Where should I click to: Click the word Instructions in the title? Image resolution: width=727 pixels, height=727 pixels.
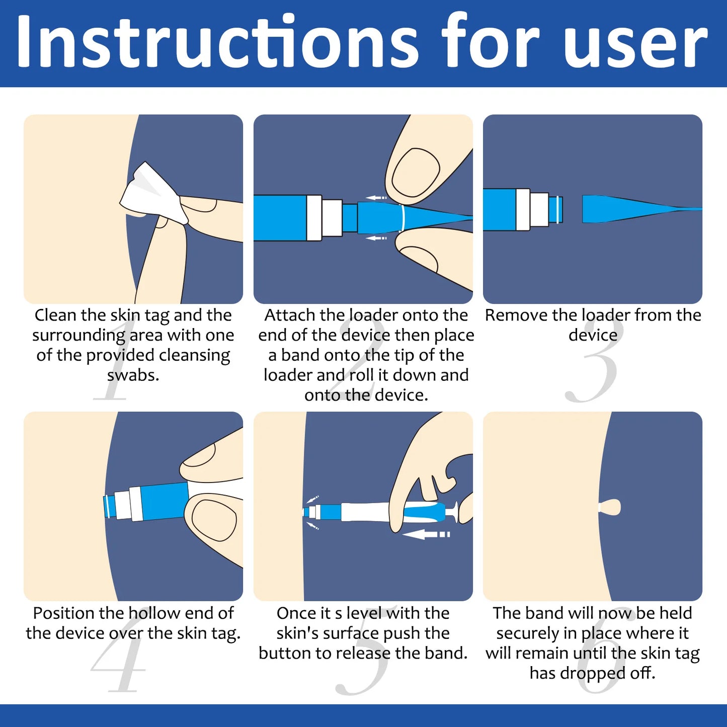(x=216, y=41)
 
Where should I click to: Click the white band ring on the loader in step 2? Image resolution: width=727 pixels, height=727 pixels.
(x=402, y=217)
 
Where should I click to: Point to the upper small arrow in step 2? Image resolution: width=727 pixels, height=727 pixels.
(x=376, y=198)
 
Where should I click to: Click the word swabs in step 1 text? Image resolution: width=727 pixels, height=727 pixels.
(x=133, y=375)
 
